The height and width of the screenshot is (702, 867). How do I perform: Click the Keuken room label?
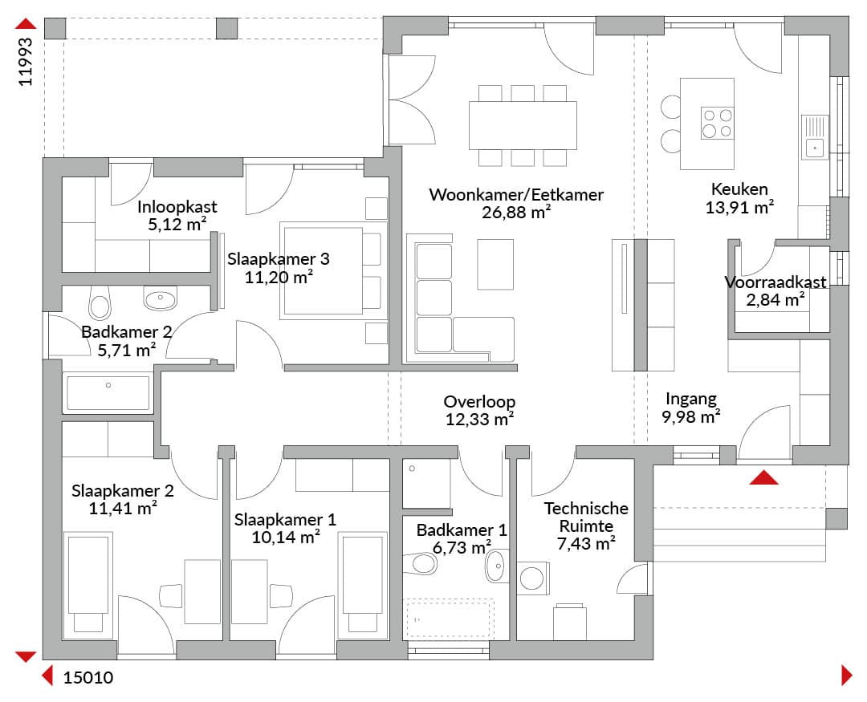739,189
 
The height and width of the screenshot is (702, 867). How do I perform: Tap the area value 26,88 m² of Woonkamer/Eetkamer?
516,213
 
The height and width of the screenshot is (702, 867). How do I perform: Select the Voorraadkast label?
775,282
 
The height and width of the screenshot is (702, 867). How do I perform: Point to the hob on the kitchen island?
717,123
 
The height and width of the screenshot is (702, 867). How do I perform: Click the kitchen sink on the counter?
815,137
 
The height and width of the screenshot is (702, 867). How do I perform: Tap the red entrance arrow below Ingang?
764,477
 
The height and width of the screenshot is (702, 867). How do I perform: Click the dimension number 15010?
88,678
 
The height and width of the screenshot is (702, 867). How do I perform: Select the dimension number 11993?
26,62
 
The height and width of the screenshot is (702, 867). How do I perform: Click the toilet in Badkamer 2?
100,303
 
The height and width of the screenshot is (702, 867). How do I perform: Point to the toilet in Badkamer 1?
421,564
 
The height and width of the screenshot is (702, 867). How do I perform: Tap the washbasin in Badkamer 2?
161,298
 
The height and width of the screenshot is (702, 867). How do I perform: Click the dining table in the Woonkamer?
523,125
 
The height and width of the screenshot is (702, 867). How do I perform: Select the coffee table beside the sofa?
495,264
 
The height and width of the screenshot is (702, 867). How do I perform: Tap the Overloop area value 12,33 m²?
479,420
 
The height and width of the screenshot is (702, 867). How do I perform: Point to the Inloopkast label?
177,207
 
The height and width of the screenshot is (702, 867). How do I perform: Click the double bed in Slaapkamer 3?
333,270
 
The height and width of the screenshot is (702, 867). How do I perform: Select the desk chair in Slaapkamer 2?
170,596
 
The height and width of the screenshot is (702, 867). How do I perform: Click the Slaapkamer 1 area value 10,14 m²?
285,538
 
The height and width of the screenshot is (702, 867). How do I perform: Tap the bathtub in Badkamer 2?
108,393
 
